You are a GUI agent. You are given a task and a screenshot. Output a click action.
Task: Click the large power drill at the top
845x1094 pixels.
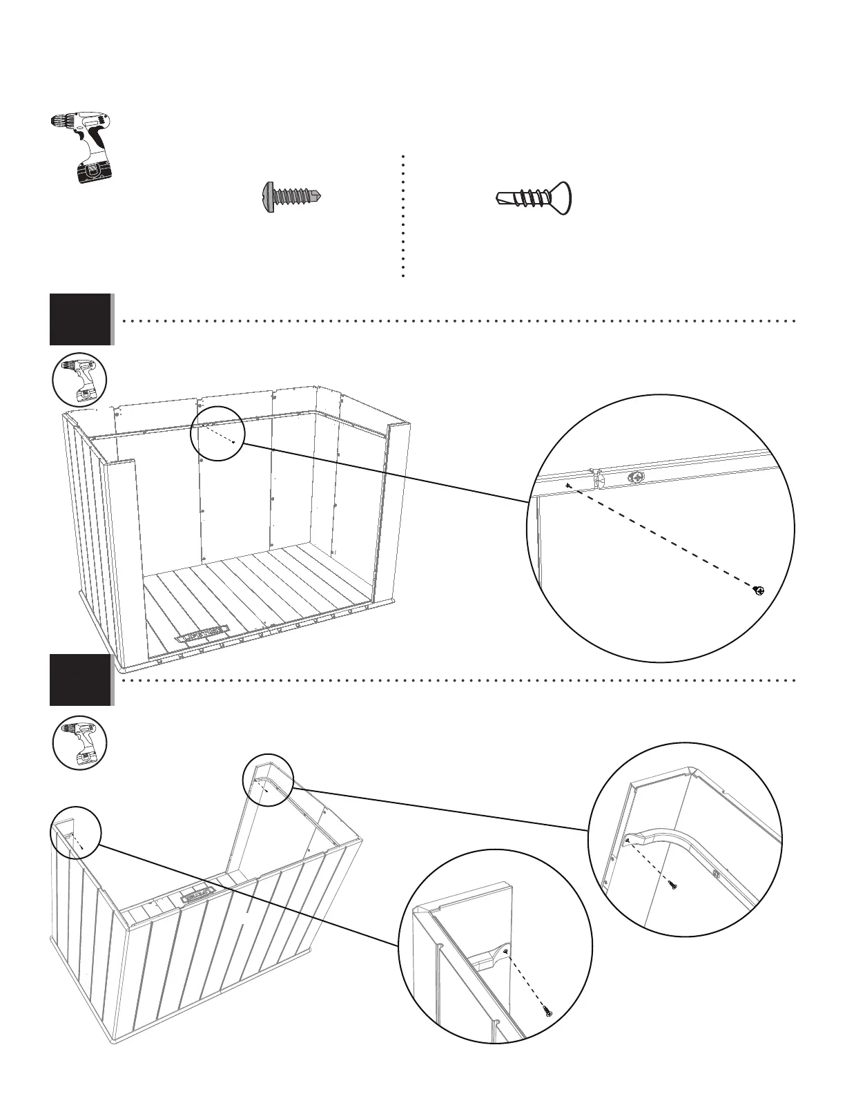tap(86, 146)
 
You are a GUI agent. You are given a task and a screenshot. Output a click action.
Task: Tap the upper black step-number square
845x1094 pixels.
tap(80, 319)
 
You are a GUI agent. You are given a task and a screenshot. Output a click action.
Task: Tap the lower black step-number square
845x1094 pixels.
tap(80, 680)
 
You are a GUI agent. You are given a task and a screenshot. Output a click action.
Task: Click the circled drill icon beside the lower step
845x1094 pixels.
tap(79, 742)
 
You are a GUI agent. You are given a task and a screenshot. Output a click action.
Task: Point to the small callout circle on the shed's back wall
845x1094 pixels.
tap(217, 433)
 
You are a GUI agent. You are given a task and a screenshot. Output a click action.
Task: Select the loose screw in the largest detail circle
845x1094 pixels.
tap(759, 591)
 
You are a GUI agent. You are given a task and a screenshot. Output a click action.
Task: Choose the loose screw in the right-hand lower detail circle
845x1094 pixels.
tap(673, 885)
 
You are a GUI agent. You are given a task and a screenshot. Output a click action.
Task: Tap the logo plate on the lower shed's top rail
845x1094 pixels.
tap(195, 896)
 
